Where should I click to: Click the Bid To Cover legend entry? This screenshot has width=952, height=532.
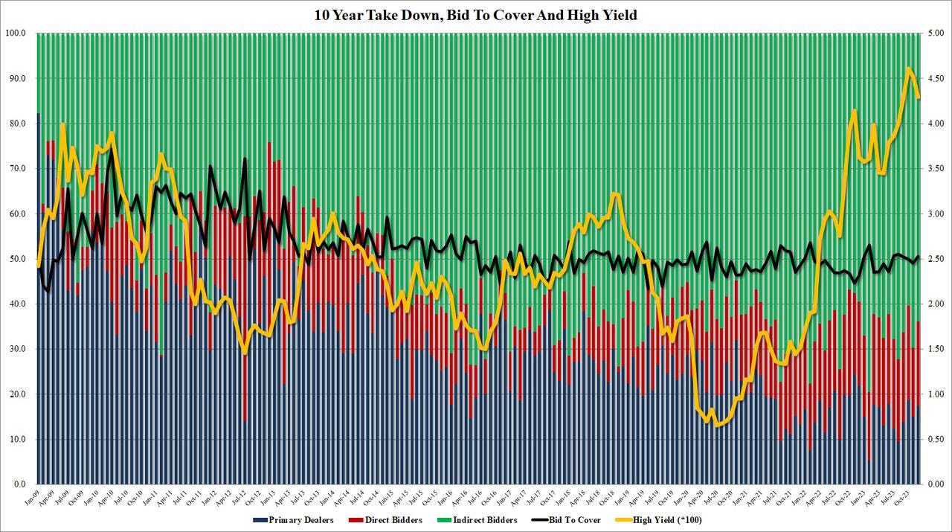tap(573, 520)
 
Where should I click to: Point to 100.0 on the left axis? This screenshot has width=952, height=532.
tap(16, 33)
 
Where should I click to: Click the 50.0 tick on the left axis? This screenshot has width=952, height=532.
tap(17, 259)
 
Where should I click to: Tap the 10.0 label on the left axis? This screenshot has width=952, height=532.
tap(17, 439)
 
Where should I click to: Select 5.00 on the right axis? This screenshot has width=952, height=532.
tap(935, 33)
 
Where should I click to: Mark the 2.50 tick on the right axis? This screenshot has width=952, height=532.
tap(935, 259)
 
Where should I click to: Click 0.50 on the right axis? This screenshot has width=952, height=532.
tap(935, 439)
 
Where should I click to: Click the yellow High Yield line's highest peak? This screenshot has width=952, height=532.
tap(908, 68)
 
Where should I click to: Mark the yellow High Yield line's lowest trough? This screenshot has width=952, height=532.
tap(718, 426)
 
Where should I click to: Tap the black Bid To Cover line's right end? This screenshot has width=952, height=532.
tap(918, 256)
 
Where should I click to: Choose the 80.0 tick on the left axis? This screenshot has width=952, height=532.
tap(17, 124)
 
